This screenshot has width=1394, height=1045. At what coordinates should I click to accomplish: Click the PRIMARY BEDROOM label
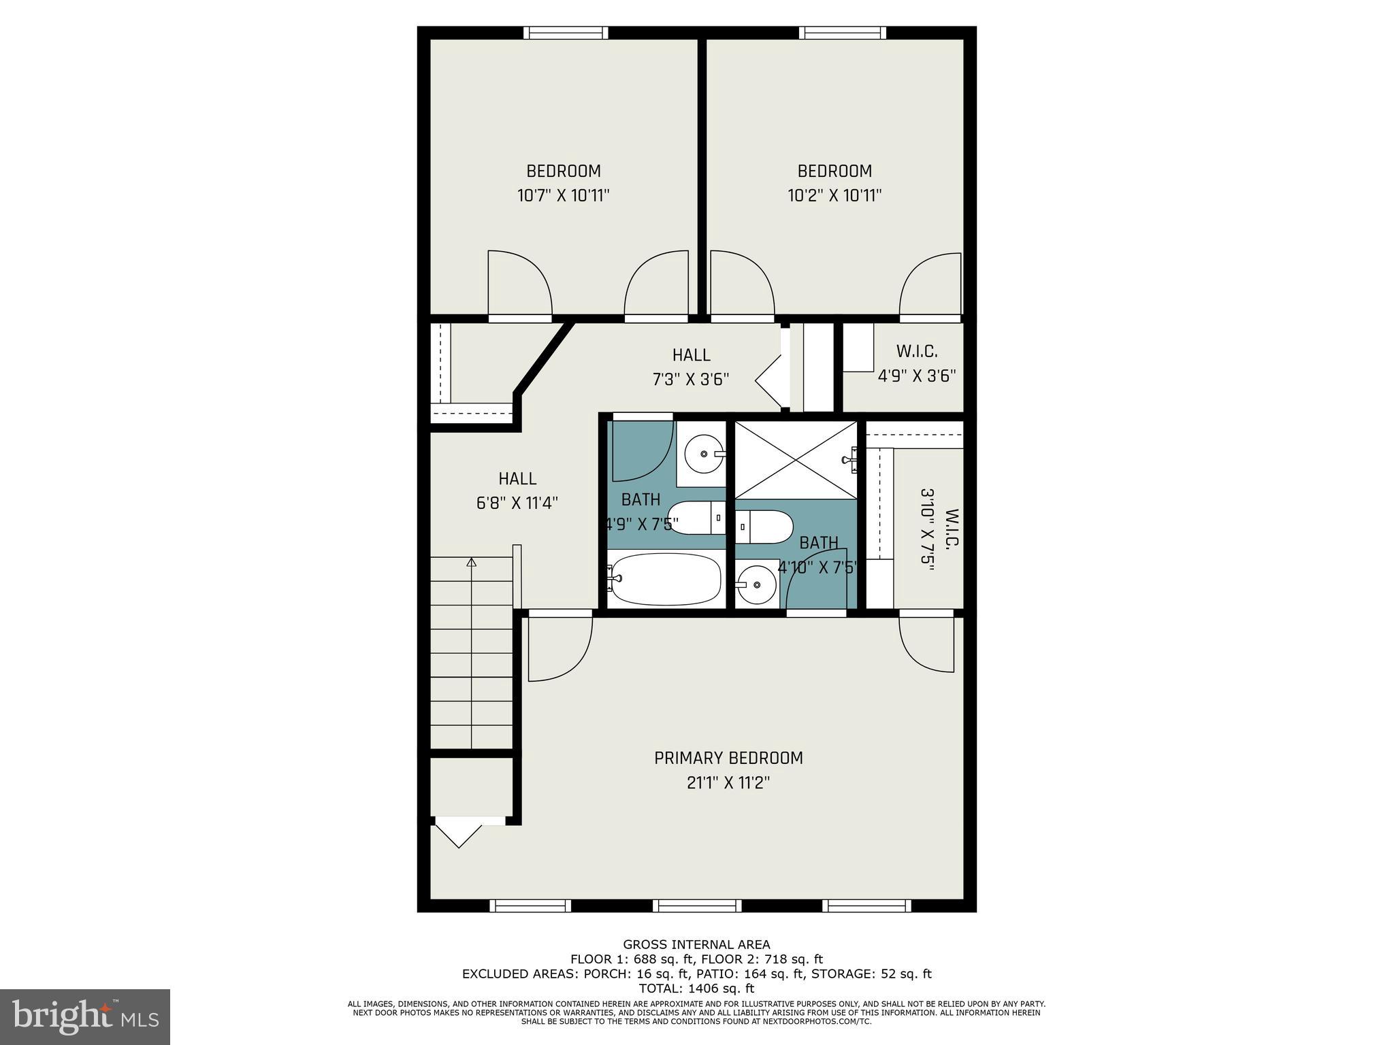[728, 758]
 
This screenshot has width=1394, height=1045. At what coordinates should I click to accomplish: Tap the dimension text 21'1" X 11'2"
[728, 783]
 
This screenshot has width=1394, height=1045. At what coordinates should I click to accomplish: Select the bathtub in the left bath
[664, 579]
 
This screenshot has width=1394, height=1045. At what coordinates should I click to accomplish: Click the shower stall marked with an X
[796, 459]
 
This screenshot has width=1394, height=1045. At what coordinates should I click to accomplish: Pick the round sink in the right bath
[756, 584]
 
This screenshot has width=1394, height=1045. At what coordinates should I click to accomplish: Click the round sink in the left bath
[703, 453]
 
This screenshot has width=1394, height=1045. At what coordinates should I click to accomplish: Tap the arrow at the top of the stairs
[471, 562]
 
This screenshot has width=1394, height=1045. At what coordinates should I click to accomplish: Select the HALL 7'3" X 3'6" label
[691, 367]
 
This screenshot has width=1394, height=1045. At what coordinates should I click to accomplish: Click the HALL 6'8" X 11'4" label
[517, 491]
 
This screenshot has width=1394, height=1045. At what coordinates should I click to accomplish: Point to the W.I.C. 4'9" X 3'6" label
[917, 363]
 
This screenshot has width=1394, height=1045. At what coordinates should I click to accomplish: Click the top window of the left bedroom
[566, 32]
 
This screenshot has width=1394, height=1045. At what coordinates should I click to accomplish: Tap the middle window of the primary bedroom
[697, 906]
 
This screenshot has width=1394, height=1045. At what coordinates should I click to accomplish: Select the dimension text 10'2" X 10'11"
[834, 196]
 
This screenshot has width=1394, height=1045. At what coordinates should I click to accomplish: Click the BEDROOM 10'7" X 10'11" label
[564, 183]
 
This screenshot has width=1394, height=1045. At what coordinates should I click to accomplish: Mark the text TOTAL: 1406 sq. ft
[696, 988]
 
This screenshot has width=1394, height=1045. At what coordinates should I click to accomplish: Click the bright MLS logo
[85, 1016]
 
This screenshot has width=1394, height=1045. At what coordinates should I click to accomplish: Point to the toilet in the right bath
[766, 527]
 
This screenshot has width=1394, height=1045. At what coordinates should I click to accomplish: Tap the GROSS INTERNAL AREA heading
[696, 944]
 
